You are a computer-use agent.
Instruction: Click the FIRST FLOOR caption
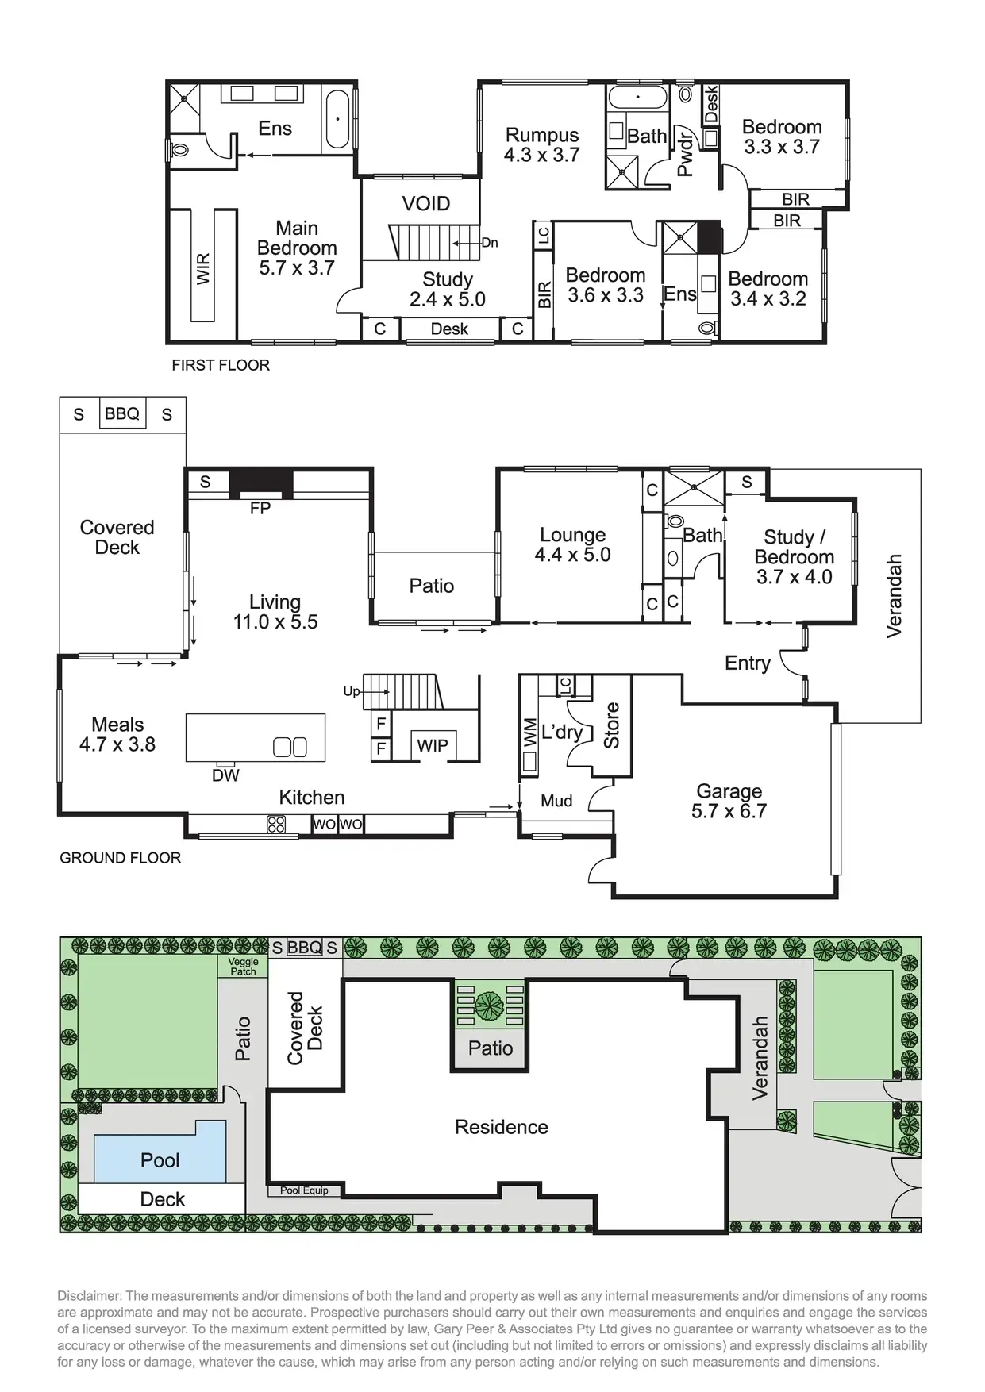click(x=221, y=365)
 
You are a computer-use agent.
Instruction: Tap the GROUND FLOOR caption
click(x=120, y=858)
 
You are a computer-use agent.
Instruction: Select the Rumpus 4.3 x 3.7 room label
click(x=542, y=145)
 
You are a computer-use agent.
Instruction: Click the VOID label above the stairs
click(x=426, y=204)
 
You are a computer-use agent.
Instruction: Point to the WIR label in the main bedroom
click(x=203, y=269)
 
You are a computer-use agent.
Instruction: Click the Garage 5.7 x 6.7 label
click(x=729, y=801)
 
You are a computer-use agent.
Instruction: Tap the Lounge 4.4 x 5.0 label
click(x=572, y=545)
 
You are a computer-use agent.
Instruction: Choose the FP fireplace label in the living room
click(x=260, y=509)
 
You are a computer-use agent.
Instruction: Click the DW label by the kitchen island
click(x=225, y=775)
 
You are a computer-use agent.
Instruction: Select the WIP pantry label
click(x=433, y=745)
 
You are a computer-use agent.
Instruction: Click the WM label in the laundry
click(x=529, y=733)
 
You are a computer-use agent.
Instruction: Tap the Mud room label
click(x=556, y=801)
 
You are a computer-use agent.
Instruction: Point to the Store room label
click(x=611, y=725)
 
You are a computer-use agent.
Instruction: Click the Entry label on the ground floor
click(x=748, y=663)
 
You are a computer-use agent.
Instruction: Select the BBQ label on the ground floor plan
click(x=122, y=413)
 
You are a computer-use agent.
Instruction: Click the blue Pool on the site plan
click(x=160, y=1159)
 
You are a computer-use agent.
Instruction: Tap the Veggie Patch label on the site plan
click(x=244, y=967)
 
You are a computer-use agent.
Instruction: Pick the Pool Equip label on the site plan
click(x=304, y=1190)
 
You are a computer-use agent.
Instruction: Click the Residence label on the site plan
click(x=501, y=1127)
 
